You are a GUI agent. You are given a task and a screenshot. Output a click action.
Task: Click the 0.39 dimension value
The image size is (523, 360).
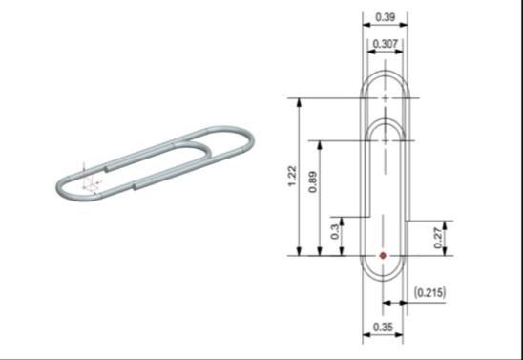click(x=386, y=17)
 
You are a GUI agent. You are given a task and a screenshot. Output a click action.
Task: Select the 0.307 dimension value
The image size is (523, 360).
click(x=386, y=44)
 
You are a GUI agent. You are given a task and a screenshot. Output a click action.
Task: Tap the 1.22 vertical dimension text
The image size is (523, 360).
click(x=291, y=176)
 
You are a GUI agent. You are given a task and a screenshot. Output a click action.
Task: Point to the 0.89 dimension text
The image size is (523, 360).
click(x=312, y=182)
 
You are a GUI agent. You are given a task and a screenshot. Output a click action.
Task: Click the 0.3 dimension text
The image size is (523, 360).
click(x=335, y=232)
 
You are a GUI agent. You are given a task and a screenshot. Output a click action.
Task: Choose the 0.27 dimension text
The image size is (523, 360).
click(x=438, y=238)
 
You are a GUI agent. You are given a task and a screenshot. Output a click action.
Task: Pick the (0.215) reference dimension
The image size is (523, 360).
click(x=429, y=292)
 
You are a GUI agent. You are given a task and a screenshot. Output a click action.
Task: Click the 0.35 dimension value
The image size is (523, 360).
click(x=383, y=328)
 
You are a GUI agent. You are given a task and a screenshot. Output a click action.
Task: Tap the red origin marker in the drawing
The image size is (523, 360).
click(x=384, y=256)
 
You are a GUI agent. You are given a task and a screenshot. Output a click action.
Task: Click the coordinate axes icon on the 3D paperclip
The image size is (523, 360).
click(x=90, y=180)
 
